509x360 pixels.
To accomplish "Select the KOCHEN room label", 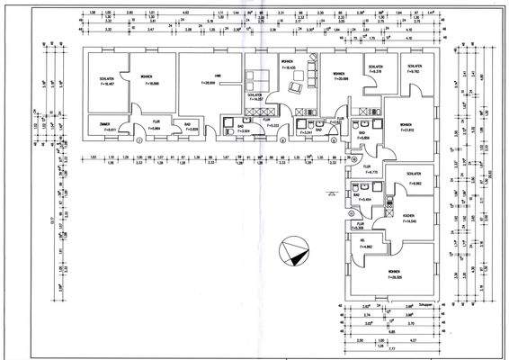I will (408, 216).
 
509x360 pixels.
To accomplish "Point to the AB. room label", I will (362, 241).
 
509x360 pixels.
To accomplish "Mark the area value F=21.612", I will (406, 130).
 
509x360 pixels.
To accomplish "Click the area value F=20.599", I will (340, 79).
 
